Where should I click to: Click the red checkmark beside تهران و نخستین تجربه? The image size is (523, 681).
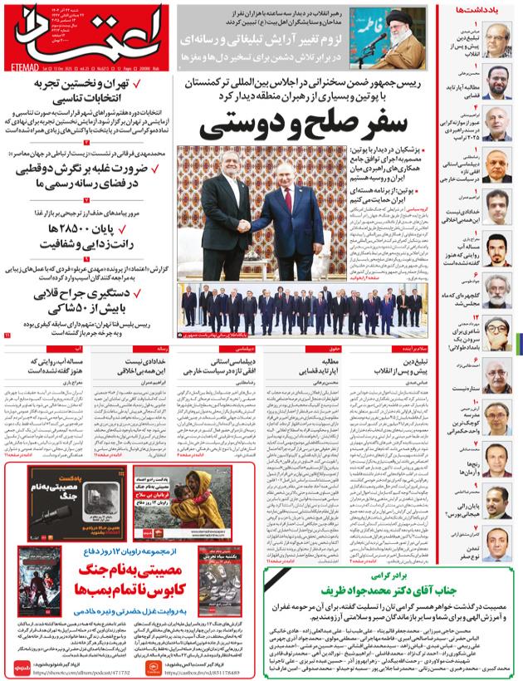141,86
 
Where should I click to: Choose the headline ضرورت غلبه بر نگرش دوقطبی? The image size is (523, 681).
79,169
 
